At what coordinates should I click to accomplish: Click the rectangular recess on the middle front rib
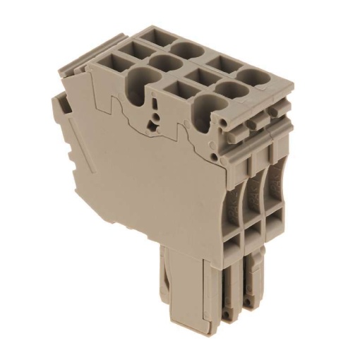(x=255, y=236)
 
